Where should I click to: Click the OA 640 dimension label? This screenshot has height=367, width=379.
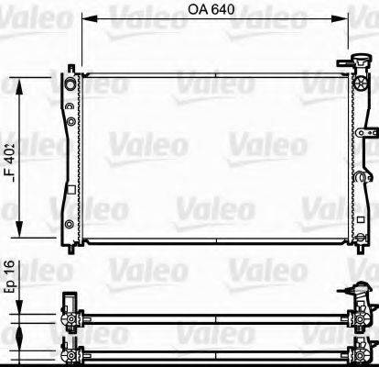coord(212,11)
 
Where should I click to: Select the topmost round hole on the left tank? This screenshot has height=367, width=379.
coord(69,86)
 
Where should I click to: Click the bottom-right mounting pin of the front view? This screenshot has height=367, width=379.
coord(356,246)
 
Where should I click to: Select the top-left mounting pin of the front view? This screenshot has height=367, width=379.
coord(72,65)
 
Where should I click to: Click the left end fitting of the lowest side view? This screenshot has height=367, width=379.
coord(70,350)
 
